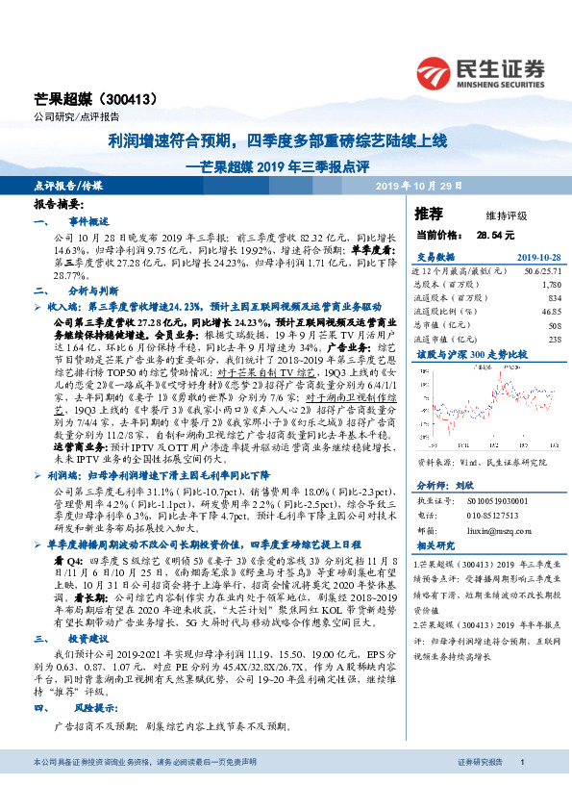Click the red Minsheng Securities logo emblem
(x=435, y=69)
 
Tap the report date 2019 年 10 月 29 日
(x=418, y=186)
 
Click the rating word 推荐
(x=428, y=213)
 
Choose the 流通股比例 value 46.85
(x=549, y=312)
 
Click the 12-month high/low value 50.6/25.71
(x=542, y=271)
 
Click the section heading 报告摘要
(x=59, y=206)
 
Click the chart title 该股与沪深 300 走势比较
(x=460, y=354)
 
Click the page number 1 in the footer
(x=520, y=788)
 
